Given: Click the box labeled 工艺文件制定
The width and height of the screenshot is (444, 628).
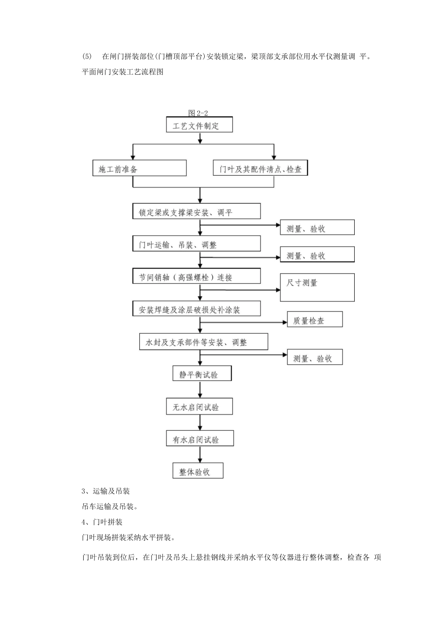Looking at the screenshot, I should pos(200,125).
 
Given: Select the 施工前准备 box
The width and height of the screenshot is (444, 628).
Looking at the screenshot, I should pos(139,168).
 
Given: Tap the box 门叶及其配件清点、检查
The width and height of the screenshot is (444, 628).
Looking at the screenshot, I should pos(261,169).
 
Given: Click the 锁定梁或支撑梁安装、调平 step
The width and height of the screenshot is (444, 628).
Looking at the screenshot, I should pos(196,211).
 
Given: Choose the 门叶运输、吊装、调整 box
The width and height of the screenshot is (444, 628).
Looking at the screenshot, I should pos(196,244).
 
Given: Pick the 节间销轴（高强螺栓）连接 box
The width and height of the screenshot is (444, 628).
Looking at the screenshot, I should pos(196,276).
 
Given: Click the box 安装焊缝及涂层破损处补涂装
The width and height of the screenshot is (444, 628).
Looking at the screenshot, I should pos(196,309).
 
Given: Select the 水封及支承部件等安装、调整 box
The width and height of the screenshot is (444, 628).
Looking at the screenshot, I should pos(204,342).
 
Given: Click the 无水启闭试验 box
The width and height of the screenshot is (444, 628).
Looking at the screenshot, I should pos(200,407).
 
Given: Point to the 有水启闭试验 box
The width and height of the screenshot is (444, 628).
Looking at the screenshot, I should pos(200,439).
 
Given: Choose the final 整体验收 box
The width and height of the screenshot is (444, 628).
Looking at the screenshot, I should pos(198,471).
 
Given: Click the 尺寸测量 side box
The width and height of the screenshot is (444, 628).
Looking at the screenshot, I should pos(317,287).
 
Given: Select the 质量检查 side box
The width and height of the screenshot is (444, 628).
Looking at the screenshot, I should pos(315,320).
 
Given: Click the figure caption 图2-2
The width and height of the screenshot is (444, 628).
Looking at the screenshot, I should pos(198,113).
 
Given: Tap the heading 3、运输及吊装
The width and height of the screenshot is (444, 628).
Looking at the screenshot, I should pos(106,491).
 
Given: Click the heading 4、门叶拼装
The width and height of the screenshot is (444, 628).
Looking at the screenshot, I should pos(102,522).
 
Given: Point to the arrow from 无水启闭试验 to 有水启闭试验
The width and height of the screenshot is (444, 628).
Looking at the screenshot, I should pos(200,422).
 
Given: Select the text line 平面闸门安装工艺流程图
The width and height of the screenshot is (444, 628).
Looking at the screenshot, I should pos(122,72).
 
